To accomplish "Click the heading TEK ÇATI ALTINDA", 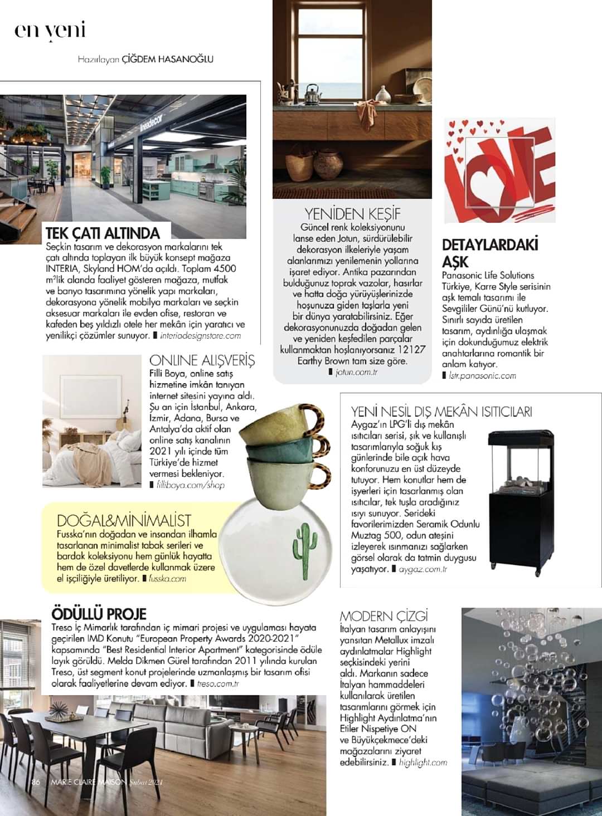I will point(103,233).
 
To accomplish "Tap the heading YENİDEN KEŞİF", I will point(352,214).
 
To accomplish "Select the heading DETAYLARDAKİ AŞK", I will point(490,253).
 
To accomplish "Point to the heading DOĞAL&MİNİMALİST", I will point(124,521).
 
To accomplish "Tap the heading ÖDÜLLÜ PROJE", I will point(99,614).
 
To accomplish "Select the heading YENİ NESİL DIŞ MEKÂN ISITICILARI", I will point(441,412).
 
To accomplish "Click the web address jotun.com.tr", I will point(357,372).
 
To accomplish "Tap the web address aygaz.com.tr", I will point(423,569).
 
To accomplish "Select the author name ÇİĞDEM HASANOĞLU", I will point(167,58).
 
